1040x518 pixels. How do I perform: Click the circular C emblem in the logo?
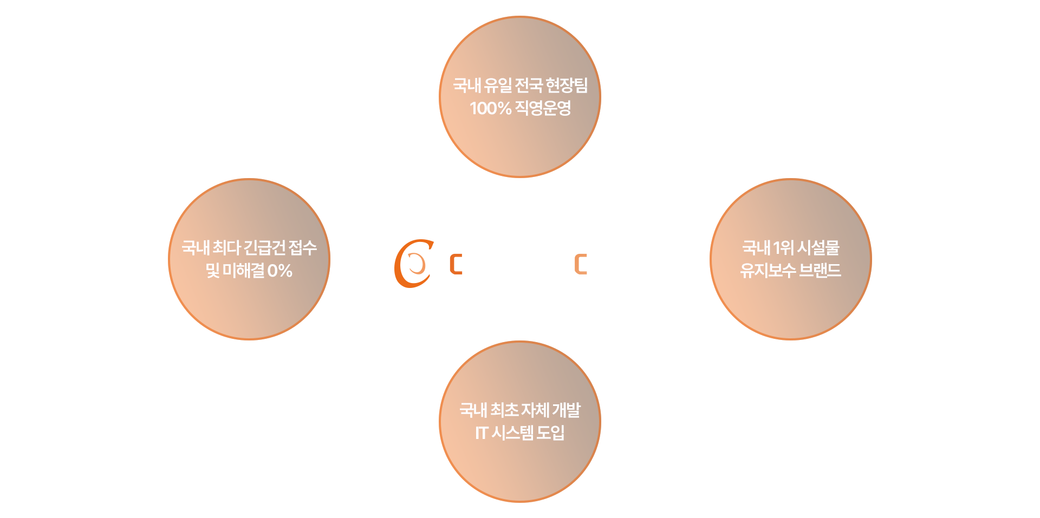(x=414, y=264)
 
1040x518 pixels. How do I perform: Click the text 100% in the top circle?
(x=490, y=108)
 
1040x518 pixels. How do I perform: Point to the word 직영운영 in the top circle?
(x=543, y=108)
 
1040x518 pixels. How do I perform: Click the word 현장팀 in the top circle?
(x=567, y=85)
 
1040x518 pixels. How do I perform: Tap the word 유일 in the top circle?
(x=498, y=85)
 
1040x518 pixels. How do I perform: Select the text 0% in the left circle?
(x=279, y=271)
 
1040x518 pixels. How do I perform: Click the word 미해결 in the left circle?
(x=243, y=271)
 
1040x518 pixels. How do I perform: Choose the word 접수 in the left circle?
(x=303, y=248)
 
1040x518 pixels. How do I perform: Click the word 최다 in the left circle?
(x=226, y=248)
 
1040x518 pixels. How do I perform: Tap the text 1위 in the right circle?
(x=783, y=248)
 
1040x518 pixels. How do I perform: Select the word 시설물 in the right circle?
(x=818, y=248)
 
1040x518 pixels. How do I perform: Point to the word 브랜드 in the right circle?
(x=820, y=270)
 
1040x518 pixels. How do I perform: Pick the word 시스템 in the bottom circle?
(x=512, y=433)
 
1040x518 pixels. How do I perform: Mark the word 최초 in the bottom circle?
(x=504, y=410)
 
